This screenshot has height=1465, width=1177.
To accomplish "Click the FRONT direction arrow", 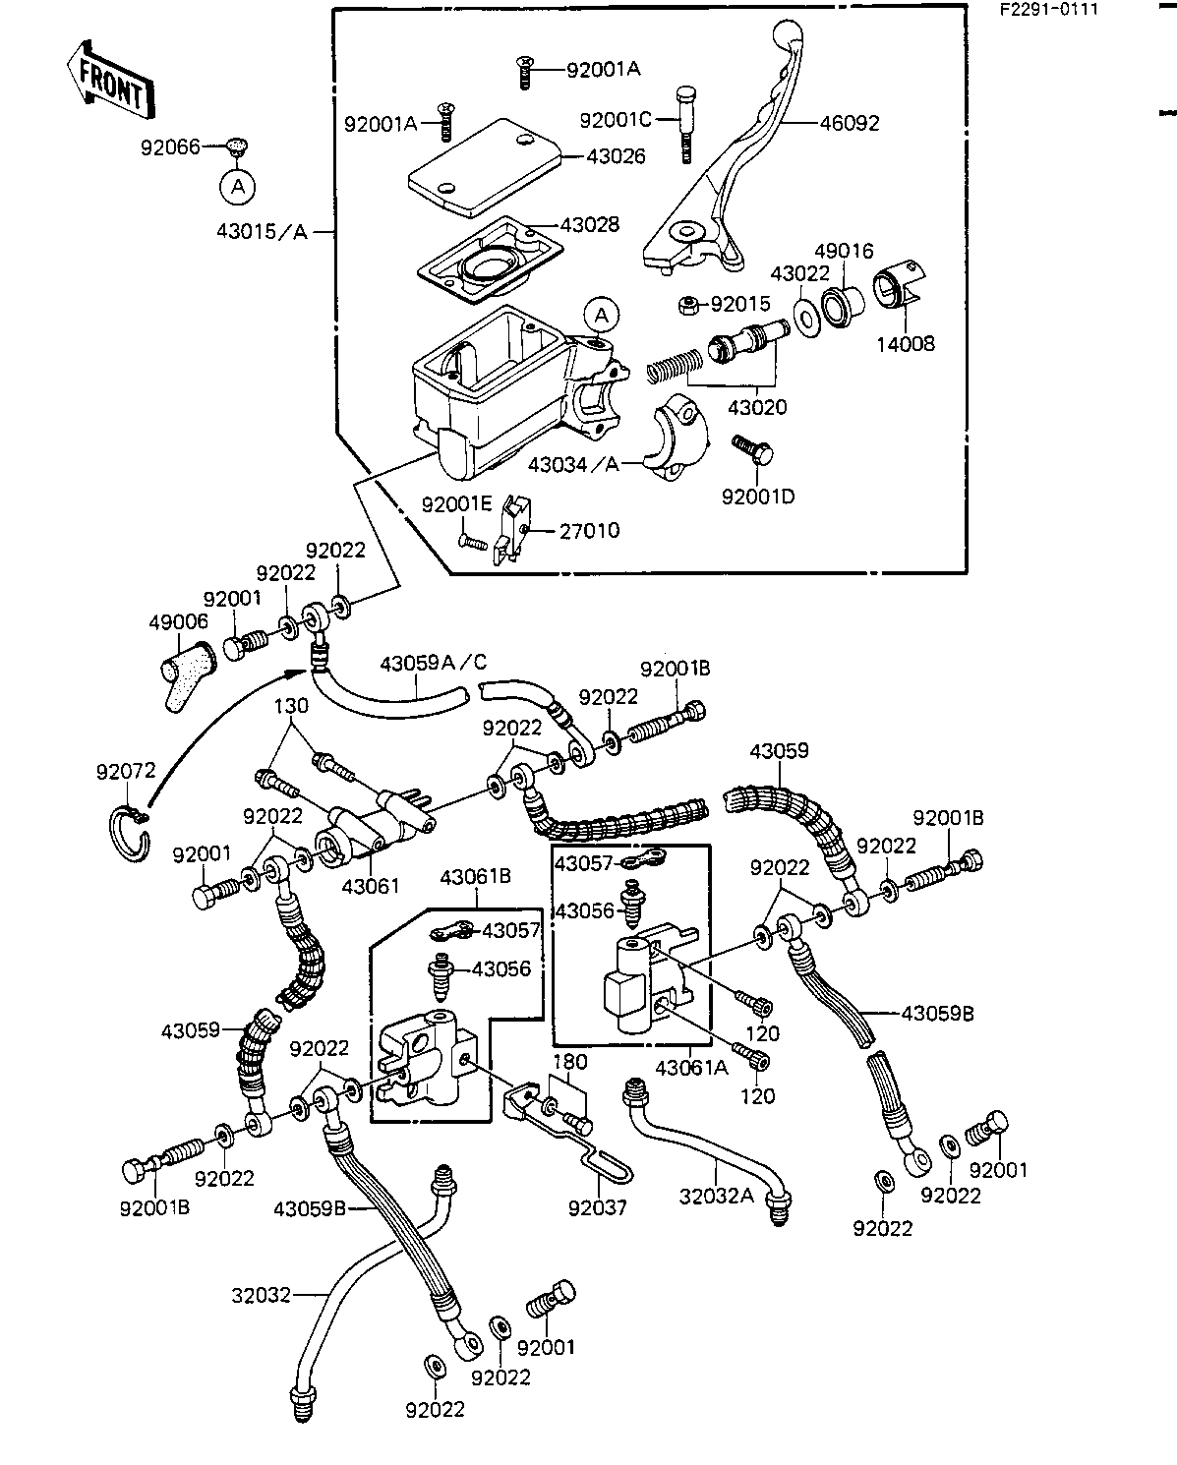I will tap(107, 80).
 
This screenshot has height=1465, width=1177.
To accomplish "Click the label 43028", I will tap(589, 225).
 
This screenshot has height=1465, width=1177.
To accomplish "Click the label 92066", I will tap(170, 147).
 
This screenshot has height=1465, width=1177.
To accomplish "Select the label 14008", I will tap(907, 344).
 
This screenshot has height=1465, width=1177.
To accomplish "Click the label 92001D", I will tap(757, 496).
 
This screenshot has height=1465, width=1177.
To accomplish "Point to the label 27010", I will tap(589, 531).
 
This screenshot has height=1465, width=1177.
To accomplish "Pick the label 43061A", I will tap(690, 1068).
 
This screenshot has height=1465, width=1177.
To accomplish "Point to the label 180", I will tap(569, 1062).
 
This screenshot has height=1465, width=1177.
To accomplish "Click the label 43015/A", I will tap(262, 232).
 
